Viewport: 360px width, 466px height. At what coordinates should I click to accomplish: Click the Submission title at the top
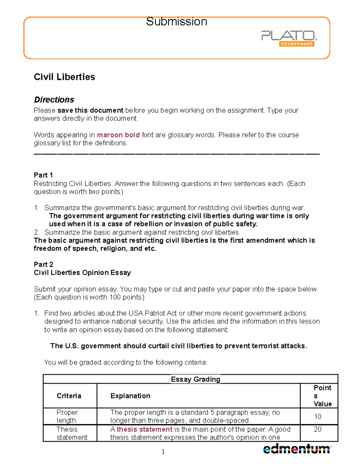176,22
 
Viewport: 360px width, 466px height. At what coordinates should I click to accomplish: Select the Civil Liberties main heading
64,77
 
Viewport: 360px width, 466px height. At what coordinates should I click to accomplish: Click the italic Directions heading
54,100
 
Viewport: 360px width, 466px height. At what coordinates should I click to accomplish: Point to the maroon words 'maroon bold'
118,135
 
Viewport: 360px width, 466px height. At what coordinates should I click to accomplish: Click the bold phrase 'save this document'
90,110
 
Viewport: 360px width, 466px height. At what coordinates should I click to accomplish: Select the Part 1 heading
43,175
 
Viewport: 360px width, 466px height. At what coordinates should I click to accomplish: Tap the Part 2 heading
43,264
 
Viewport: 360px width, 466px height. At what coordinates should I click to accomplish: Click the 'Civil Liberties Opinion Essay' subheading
82,272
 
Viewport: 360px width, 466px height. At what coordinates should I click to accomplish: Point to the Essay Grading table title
195,379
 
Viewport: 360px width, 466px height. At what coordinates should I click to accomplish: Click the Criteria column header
69,396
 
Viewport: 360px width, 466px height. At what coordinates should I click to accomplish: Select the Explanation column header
130,396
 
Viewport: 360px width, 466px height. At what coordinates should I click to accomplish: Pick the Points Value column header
322,396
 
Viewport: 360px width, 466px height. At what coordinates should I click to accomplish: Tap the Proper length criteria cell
67,416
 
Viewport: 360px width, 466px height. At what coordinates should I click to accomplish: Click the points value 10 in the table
317,416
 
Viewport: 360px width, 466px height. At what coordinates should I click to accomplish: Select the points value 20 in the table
317,429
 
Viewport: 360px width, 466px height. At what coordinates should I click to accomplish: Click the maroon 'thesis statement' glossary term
144,429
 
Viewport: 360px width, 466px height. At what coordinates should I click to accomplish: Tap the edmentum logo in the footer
296,449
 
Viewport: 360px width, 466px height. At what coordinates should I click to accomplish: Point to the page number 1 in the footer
163,452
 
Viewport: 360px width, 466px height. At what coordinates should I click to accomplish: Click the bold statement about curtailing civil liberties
178,346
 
